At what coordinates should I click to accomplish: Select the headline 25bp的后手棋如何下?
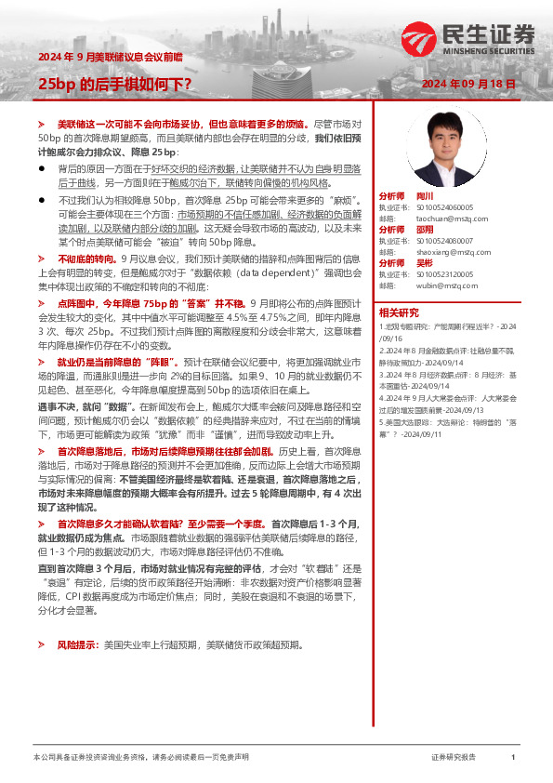[x=114, y=84]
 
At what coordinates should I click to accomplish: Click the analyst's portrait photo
[x=452, y=150]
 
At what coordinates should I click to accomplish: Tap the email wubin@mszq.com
[x=429, y=285]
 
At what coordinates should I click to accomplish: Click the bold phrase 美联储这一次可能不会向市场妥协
[x=130, y=124]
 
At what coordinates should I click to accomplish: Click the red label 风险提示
[x=75, y=644]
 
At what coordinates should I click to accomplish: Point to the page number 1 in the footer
[x=513, y=758]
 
